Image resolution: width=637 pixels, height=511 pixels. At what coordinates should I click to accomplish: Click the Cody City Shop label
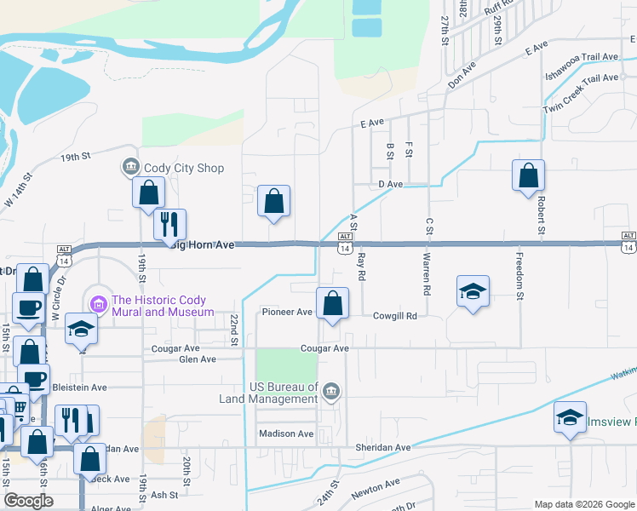coord(184,168)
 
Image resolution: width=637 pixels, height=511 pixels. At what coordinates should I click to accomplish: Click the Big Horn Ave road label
coord(203,244)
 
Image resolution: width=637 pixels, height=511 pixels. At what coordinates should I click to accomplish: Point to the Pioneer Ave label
coord(287,313)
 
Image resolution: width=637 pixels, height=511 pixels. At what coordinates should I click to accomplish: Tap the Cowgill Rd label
coord(395,315)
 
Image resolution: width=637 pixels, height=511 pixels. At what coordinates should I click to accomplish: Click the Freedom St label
coord(516,274)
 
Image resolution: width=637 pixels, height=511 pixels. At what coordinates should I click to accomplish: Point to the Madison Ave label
coord(286,433)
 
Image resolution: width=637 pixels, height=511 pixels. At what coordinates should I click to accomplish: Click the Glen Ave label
coord(198,359)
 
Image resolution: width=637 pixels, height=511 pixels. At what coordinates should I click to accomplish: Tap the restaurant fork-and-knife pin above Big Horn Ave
coord(169,223)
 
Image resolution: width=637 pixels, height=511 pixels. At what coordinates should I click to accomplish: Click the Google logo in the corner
coord(28,501)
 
